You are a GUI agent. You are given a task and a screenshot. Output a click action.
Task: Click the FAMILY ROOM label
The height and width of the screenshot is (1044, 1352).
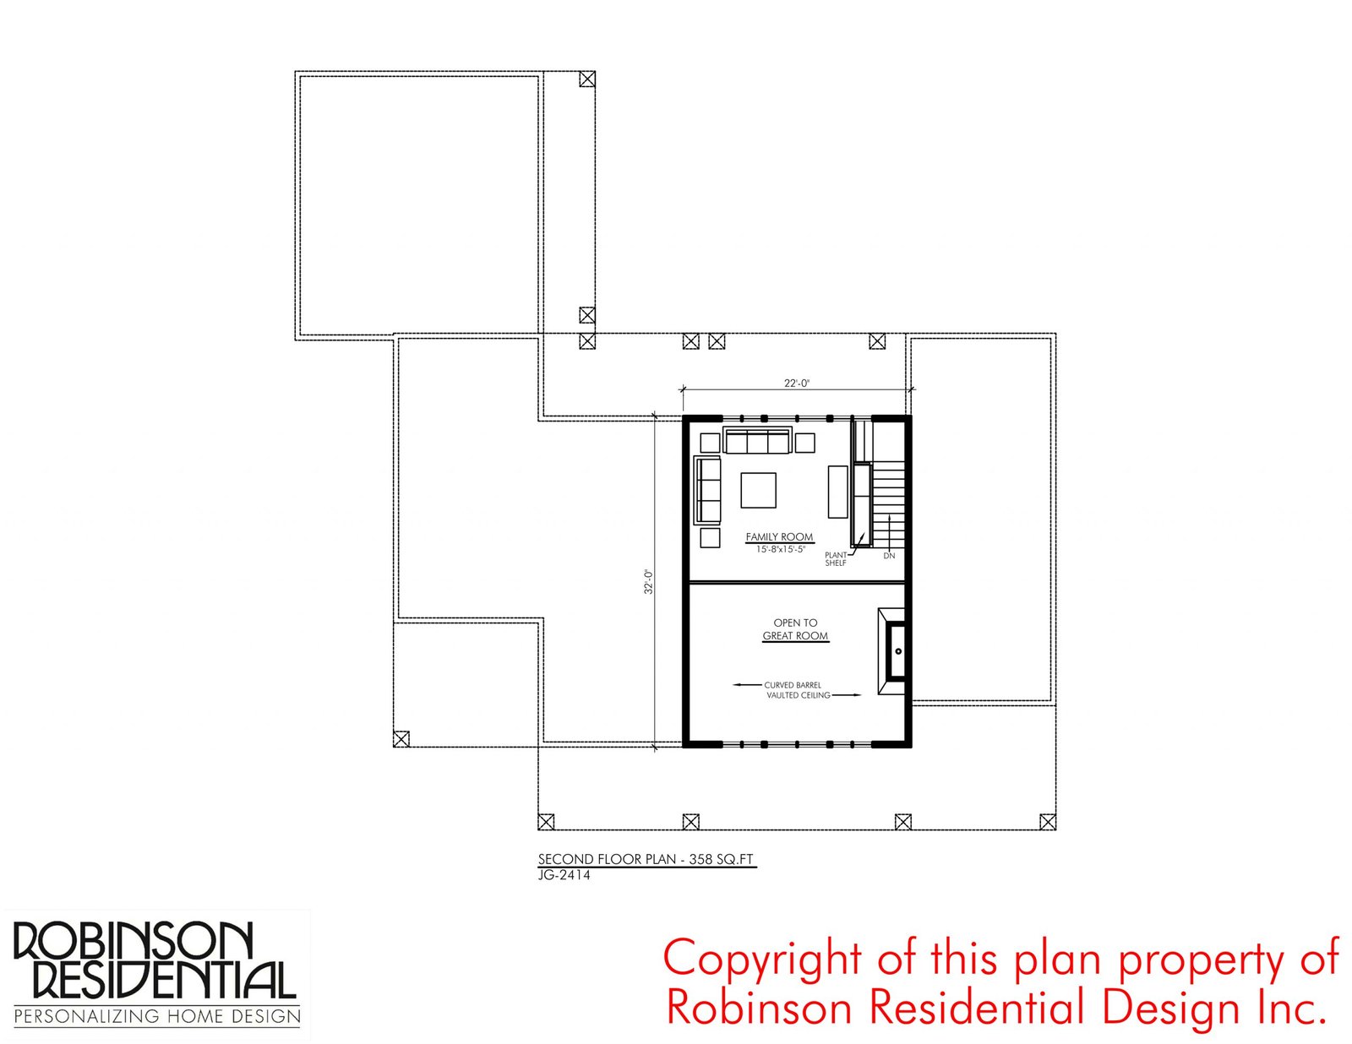pos(779,536)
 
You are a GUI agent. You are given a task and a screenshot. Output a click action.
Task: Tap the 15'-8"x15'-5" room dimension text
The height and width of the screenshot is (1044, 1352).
pos(780,550)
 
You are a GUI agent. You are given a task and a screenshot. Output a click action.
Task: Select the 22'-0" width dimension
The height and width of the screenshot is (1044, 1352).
pos(796,383)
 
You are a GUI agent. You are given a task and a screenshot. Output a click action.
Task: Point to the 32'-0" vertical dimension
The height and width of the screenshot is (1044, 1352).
pos(648,582)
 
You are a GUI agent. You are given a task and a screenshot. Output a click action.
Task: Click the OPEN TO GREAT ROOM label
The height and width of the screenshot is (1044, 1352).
pos(796,629)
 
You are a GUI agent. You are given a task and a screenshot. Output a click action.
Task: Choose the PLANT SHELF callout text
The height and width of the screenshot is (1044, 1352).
pos(836,559)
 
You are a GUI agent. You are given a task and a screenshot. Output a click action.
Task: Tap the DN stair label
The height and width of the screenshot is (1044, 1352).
pos(889,556)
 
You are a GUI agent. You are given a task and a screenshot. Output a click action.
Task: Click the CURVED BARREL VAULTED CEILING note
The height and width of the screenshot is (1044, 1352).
pos(797,690)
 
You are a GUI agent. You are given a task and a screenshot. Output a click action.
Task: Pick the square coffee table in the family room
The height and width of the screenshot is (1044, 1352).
pos(758,491)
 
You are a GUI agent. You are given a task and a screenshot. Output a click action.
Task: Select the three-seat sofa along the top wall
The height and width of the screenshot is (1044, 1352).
pos(757,441)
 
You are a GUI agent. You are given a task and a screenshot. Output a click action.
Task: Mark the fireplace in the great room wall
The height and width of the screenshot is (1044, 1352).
pos(891,651)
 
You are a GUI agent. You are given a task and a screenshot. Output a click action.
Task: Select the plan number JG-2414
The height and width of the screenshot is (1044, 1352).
pos(564,875)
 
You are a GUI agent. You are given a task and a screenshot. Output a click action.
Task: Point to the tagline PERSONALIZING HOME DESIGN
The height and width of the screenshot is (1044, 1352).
pos(157,1017)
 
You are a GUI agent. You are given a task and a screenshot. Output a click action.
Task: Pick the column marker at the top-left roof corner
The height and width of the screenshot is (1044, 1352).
pos(586,79)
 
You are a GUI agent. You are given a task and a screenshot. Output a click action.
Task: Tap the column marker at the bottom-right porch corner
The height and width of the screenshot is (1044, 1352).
pos(1048,822)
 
